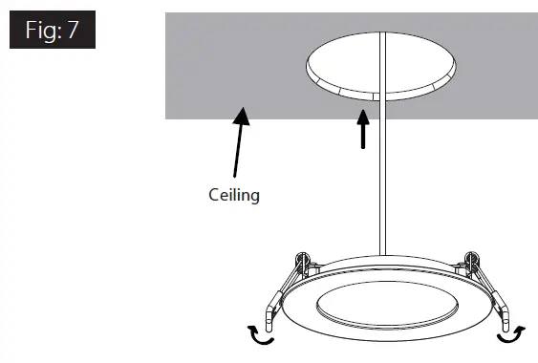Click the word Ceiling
234,195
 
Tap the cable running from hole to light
381,181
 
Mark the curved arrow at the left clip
259,333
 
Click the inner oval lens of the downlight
381,310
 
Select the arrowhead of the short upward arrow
361,117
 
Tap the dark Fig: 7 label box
53,32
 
